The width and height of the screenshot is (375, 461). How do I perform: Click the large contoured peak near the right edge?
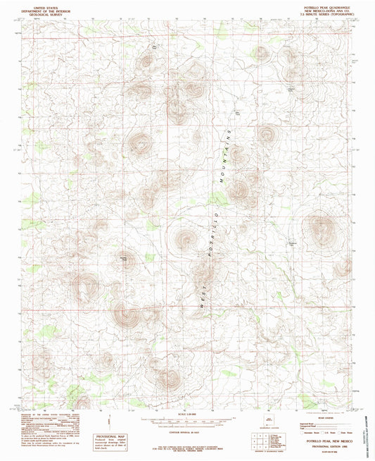(x=320, y=229)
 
